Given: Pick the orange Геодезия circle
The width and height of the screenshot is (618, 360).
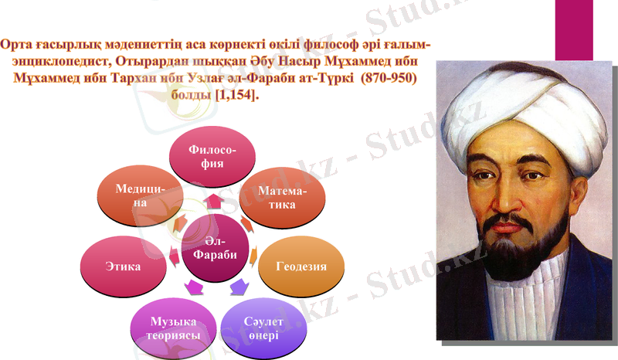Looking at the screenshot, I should [x=301, y=267].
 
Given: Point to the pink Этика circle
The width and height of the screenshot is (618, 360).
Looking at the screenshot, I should [x=123, y=267].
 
